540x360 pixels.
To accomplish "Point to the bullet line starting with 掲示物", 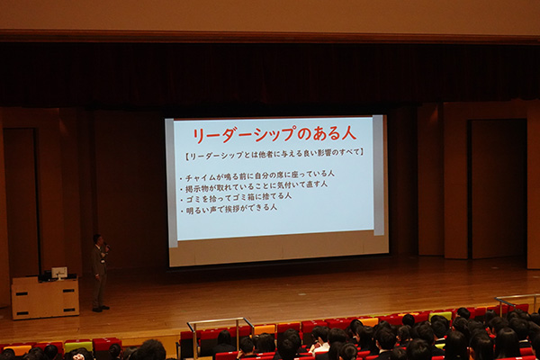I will pyautogui.click(x=255, y=184).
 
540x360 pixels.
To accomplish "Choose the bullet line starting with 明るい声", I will pyautogui.click(x=230, y=208).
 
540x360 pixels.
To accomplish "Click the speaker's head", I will pyautogui.click(x=98, y=240).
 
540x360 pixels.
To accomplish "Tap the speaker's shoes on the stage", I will pyautogui.click(x=99, y=309).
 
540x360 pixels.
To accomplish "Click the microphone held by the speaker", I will pyautogui.click(x=106, y=246).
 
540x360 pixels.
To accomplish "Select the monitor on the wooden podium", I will pyautogui.click(x=59, y=272).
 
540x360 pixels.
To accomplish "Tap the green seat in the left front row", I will pyautogui.click(x=78, y=346).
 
